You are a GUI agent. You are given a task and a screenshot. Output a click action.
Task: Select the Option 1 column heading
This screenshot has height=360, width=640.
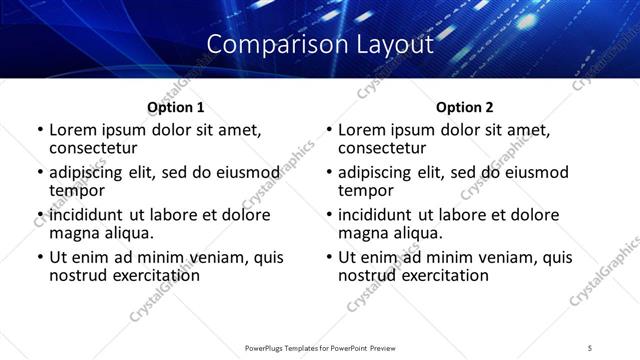pos(176,107)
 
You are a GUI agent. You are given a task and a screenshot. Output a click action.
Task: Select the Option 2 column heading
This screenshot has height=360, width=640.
pos(464,107)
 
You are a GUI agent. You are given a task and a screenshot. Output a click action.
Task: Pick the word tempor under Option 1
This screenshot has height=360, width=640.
pos(77,190)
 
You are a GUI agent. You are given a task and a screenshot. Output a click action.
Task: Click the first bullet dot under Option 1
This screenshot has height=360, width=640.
pos(39,130)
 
